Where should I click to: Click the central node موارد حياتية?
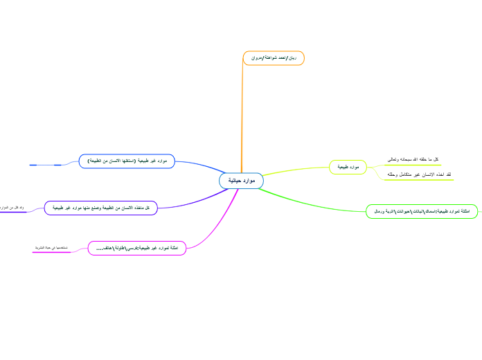click(241, 181)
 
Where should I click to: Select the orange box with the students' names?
click(274, 58)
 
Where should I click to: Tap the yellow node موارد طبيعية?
click(348, 167)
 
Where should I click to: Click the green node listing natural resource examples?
click(421, 210)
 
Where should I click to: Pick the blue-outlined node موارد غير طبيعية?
click(127, 161)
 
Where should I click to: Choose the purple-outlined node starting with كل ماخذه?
click(101, 207)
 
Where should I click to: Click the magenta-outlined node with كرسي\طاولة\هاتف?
click(137, 248)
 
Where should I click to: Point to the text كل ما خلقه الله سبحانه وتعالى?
click(413, 159)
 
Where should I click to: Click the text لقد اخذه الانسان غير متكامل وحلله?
click(420, 174)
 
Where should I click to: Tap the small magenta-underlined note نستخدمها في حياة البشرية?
click(51, 248)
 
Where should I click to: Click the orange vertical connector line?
click(242, 118)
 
